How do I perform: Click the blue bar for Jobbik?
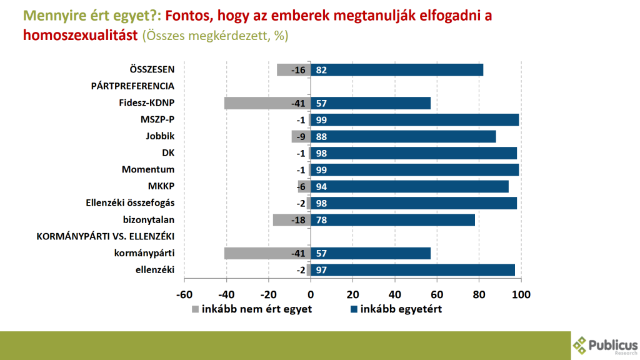[x=403, y=136]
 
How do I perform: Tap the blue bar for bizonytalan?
[x=392, y=220]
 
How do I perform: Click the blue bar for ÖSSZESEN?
[x=397, y=70]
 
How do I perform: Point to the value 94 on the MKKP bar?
[x=322, y=186]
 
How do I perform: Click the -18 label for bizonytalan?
[x=298, y=220]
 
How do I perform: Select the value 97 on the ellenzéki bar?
[x=322, y=270]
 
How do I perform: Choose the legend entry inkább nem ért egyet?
[x=252, y=309]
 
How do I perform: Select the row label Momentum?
[x=148, y=169]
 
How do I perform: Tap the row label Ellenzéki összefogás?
[x=130, y=203]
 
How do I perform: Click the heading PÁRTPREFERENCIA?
[x=132, y=86]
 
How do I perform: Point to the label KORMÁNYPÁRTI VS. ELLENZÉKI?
[x=105, y=236]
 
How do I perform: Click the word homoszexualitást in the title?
[x=79, y=36]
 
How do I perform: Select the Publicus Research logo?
[x=606, y=345]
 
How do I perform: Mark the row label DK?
[x=167, y=153]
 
